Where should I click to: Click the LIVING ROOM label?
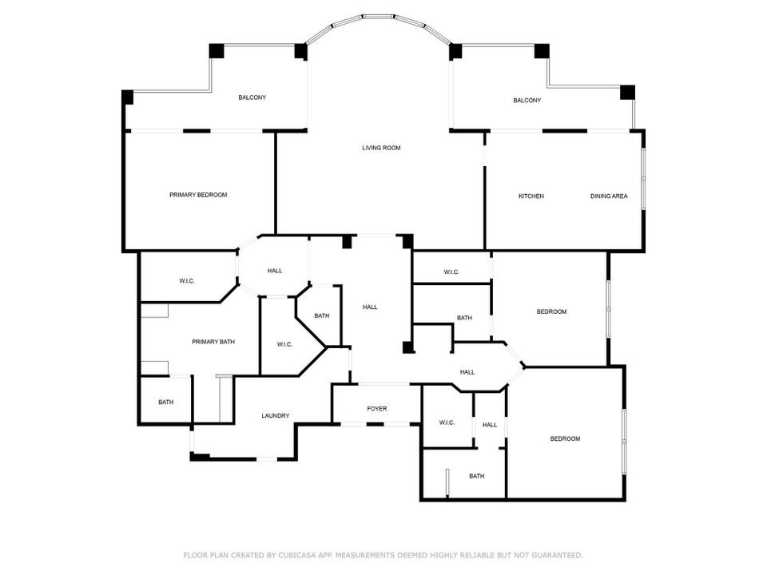[381, 148]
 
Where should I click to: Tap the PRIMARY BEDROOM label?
[198, 195]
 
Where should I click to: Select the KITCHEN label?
[531, 196]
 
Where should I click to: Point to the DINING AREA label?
[609, 196]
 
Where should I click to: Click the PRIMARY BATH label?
[213, 342]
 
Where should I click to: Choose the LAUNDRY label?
[276, 416]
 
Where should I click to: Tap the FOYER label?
[377, 409]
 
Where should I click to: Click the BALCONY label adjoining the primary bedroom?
[252, 97]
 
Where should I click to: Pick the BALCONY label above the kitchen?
[527, 101]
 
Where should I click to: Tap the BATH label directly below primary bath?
[165, 402]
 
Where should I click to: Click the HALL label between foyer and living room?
[370, 307]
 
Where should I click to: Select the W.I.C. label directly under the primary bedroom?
[187, 280]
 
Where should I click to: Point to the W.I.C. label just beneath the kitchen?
[451, 272]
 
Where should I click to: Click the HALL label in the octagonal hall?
[275, 271]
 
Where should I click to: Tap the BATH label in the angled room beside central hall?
[321, 316]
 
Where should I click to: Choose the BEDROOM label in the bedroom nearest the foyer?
[565, 438]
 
